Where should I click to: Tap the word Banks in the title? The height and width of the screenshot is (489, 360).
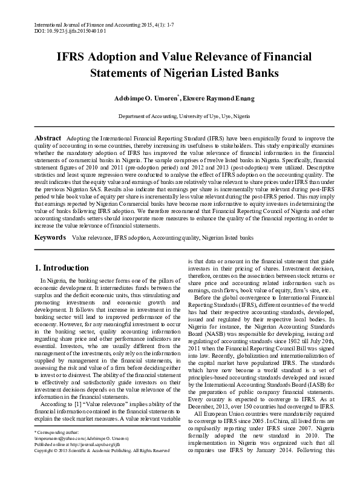pos(260,74)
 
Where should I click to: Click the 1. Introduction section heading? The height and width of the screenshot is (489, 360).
pos(62,268)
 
